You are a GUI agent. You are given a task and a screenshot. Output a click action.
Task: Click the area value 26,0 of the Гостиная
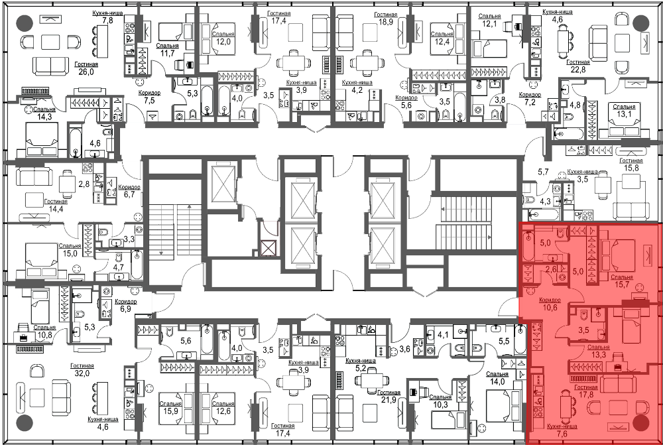point(86,72)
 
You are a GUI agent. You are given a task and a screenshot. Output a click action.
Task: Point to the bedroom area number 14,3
point(44,117)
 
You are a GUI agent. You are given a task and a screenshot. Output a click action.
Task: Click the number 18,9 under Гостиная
point(386,22)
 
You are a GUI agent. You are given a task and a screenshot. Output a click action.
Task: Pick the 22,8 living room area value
point(578,70)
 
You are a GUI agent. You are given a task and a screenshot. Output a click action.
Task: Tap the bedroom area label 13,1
point(624,114)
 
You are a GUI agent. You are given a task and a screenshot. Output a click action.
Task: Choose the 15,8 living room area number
point(631,168)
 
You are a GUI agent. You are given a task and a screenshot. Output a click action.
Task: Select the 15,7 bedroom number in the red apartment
point(622,285)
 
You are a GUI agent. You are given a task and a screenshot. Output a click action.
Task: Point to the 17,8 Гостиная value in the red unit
point(586,394)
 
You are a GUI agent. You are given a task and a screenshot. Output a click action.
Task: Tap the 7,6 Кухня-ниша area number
point(562,434)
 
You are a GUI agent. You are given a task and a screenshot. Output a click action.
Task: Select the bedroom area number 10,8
point(44,335)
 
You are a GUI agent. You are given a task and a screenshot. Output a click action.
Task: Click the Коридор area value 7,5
point(150,101)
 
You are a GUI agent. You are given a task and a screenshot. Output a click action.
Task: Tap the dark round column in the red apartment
point(641,422)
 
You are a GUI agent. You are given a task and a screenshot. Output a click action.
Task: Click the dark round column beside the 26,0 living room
point(24,23)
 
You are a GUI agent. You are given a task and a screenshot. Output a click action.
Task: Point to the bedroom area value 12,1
point(490,24)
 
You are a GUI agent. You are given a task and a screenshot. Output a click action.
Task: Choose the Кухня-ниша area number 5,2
point(361,369)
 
